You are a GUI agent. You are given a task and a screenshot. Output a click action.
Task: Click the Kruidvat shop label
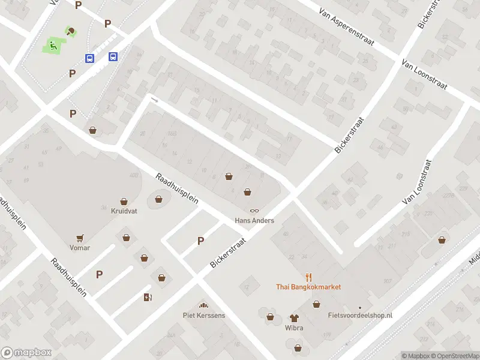coord(124,211)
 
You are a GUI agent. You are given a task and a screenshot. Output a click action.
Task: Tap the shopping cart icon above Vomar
coord(79,238)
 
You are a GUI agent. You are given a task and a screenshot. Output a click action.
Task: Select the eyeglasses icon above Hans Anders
coord(254,211)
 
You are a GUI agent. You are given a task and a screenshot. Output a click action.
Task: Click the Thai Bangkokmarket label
coord(308,287)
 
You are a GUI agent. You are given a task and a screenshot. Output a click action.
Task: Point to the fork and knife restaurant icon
coord(309,277)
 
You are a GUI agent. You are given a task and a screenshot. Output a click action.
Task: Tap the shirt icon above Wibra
coord(294,317)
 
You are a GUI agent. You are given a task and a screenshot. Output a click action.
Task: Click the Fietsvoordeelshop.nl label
coord(360,315)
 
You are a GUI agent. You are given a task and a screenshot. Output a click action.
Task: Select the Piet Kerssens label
coord(204,315)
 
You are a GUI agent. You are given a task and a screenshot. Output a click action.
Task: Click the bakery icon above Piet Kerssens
coord(203,305)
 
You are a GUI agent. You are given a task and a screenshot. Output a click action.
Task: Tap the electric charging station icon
coord(148,297)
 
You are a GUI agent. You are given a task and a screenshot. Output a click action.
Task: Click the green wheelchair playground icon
coord(53,44)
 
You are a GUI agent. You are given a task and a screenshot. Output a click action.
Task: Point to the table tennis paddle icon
coord(71,31)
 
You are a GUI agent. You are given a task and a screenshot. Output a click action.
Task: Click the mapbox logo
coord(26,353)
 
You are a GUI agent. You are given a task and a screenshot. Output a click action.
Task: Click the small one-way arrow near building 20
coord(155,100)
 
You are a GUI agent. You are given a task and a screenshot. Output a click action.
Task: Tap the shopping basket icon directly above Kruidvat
coord(124,202)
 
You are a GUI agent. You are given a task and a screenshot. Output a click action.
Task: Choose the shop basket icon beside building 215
coord(442,239)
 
